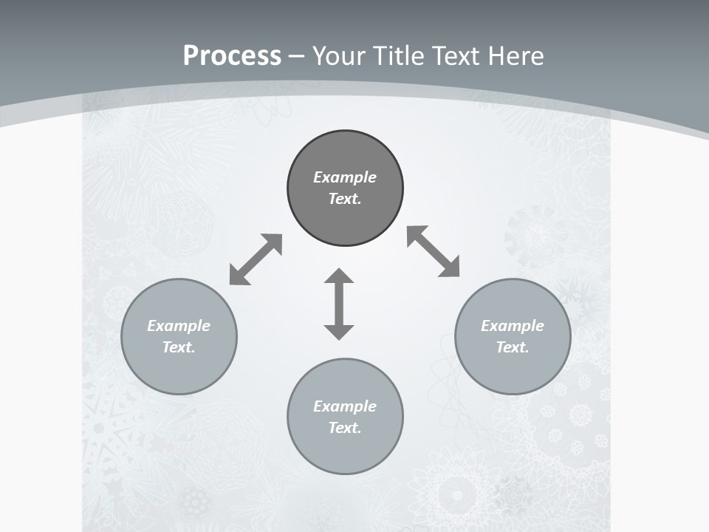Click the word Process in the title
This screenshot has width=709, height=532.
point(232,56)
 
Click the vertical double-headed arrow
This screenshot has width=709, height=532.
point(339,304)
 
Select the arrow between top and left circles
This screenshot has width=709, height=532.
point(256,259)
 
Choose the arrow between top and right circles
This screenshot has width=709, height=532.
point(434,252)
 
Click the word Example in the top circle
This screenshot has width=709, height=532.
point(345,177)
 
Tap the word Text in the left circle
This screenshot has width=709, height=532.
point(179,347)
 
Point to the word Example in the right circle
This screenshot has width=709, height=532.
point(513,326)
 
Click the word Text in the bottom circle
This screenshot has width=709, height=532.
point(345,428)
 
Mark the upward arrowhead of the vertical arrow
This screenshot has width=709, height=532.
point(339,278)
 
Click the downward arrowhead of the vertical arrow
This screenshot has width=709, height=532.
point(339,330)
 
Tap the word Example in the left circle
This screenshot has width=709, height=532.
point(179,326)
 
